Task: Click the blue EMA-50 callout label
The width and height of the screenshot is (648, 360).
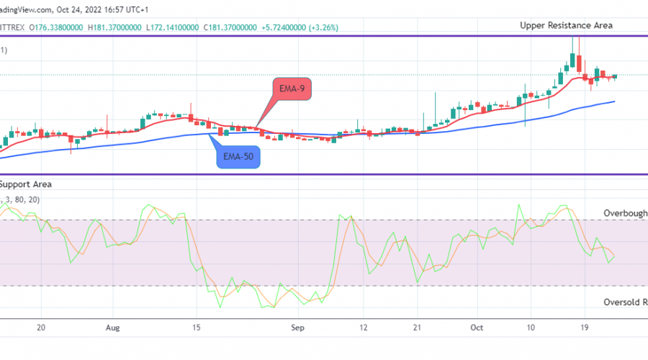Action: tap(238, 155)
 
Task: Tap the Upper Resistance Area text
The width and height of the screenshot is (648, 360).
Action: tap(567, 25)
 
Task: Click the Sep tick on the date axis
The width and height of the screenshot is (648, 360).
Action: tap(295, 325)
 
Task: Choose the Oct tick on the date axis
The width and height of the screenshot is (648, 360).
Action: tap(476, 325)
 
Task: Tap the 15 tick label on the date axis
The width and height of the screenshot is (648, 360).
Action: tap(195, 325)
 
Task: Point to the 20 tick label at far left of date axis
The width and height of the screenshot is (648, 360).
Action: tap(41, 325)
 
